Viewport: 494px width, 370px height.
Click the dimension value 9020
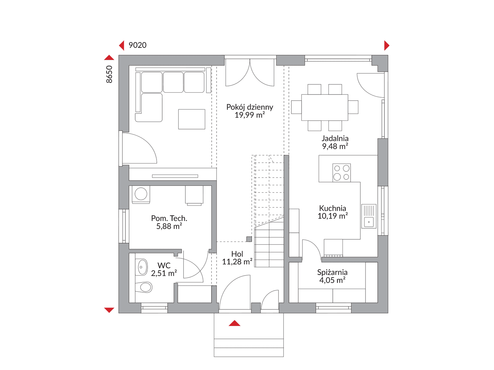[137, 45]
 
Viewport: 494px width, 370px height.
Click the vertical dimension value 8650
[109, 74]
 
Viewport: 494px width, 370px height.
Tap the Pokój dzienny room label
[250, 107]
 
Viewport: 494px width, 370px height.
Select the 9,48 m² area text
[335, 146]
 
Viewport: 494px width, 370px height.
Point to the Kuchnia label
[332, 208]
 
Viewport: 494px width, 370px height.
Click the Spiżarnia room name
[332, 272]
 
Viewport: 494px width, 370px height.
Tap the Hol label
[237, 254]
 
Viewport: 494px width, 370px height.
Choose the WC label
[164, 265]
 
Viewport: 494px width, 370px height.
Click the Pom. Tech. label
[169, 218]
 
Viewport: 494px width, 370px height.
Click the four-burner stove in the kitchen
[341, 172]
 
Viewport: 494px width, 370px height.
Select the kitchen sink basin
[369, 222]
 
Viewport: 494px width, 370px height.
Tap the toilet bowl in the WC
[144, 287]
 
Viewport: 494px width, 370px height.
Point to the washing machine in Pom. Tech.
[141, 194]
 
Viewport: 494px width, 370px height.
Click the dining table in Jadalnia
[324, 107]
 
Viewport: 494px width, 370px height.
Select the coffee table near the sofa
[192, 119]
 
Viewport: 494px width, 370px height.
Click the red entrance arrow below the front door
[235, 323]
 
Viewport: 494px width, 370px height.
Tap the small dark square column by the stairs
[249, 239]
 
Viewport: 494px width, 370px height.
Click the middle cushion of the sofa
[173, 82]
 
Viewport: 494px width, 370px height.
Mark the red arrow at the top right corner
[387, 45]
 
